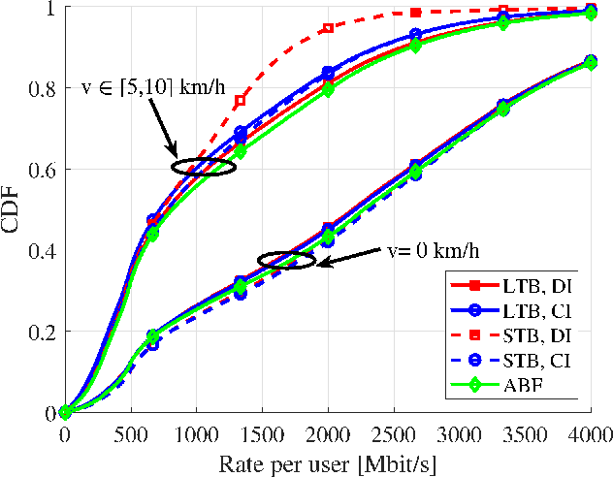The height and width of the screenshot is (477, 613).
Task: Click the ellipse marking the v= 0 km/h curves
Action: pyautogui.click(x=286, y=260)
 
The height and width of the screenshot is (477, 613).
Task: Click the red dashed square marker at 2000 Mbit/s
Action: pyautogui.click(x=328, y=28)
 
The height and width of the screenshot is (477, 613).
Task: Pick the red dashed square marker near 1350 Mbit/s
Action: pyautogui.click(x=241, y=101)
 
